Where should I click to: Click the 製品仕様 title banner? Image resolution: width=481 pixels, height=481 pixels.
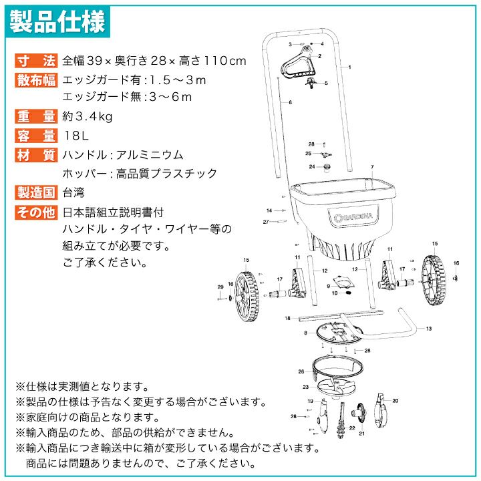pos(57,21)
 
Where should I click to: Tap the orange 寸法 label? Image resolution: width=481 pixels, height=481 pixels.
pos(36,60)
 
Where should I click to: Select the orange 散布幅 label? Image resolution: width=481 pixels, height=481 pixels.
pos(36,80)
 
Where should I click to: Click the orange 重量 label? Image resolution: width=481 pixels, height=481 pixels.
pos(36,116)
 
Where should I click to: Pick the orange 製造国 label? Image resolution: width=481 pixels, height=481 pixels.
pos(36,192)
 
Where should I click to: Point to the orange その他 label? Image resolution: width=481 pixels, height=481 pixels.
pos(36,212)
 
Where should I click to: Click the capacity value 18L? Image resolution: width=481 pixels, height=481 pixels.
pos(76,135)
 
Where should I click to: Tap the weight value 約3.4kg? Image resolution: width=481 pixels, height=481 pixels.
pos(88,116)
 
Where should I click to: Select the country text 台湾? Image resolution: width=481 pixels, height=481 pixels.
pos(73,192)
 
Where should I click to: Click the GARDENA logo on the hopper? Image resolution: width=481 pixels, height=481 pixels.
pos(353,217)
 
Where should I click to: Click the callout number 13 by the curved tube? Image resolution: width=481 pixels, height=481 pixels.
pos(428,329)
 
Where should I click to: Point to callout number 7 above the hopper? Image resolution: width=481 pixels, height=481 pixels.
pos(372,167)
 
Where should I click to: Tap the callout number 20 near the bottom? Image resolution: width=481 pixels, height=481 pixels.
pos(395,401)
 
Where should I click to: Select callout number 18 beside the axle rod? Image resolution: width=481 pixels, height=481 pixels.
pos(287,318)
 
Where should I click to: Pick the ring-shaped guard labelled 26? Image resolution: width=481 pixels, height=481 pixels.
pos(338,367)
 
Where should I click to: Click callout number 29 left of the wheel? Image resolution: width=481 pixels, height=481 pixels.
pos(220,287)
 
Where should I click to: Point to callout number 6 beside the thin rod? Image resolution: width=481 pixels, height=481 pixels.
pos(290,102)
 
